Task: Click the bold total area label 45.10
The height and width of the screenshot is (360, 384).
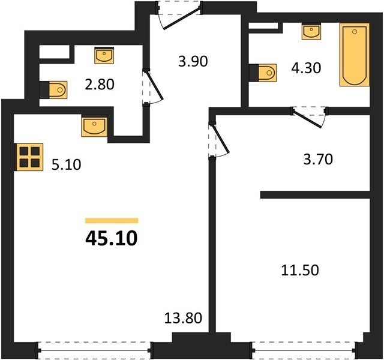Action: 112,239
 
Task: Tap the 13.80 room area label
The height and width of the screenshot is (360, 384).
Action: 183,318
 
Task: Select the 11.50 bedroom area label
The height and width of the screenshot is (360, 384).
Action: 300,271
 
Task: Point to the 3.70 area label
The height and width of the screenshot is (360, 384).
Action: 318,159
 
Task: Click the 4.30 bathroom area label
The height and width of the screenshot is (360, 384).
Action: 306,68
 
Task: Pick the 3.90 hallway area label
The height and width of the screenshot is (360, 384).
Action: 193,61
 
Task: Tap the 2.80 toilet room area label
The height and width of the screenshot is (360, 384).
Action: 100,85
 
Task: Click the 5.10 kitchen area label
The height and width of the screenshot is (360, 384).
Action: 67,164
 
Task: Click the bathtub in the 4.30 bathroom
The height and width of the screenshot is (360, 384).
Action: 354,55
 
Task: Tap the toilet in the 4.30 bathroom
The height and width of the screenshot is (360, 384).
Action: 263,73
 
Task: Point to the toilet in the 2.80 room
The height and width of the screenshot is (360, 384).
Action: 53,90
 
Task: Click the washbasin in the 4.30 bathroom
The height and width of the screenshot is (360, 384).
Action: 311,31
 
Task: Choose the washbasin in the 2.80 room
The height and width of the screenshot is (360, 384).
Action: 104,55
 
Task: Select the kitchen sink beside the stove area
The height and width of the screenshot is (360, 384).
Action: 94,127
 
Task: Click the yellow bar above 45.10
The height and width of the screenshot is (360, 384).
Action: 112,221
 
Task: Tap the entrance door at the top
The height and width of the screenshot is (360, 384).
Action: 179,15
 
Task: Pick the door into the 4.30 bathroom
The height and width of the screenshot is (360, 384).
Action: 310,117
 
